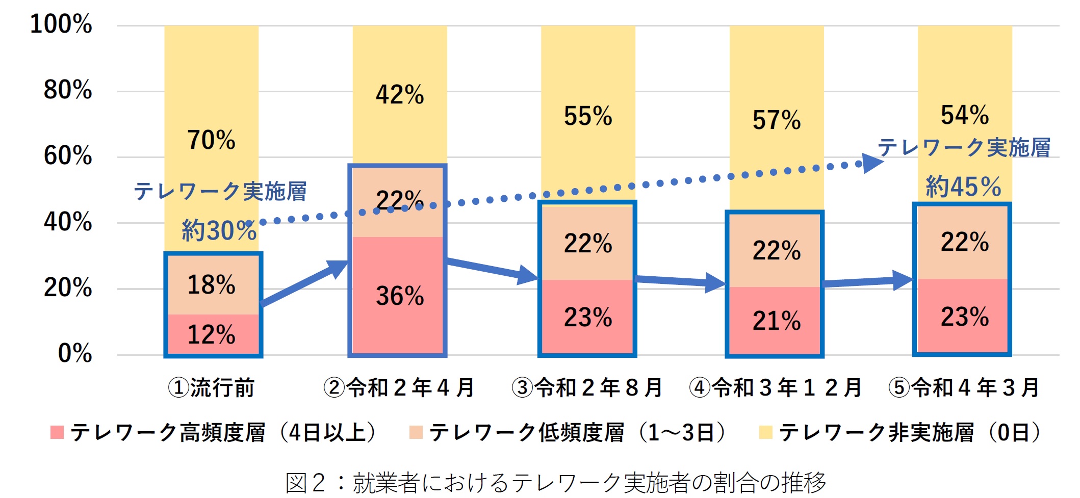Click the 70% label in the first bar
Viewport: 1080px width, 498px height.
(211, 140)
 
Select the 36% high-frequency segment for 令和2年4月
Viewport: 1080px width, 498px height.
(400, 296)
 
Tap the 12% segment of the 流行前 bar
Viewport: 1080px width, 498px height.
(211, 335)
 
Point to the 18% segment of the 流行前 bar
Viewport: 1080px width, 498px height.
(211, 285)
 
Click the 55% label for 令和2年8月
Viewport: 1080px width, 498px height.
(588, 116)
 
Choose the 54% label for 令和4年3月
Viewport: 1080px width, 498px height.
(965, 115)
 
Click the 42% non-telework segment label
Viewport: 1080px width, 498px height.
(400, 95)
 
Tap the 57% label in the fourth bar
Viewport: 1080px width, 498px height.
(777, 120)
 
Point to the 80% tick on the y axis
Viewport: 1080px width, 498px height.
(68, 90)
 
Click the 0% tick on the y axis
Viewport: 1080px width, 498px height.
(75, 353)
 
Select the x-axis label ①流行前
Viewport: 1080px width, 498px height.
(211, 388)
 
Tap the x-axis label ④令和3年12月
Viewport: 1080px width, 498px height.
(775, 388)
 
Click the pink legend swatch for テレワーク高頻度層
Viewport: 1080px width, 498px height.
(57, 433)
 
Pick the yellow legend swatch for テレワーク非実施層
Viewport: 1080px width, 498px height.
(765, 433)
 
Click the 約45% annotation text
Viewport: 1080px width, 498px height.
(963, 187)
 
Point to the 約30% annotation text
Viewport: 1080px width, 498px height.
(219, 230)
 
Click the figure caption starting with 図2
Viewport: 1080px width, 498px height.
(555, 482)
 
